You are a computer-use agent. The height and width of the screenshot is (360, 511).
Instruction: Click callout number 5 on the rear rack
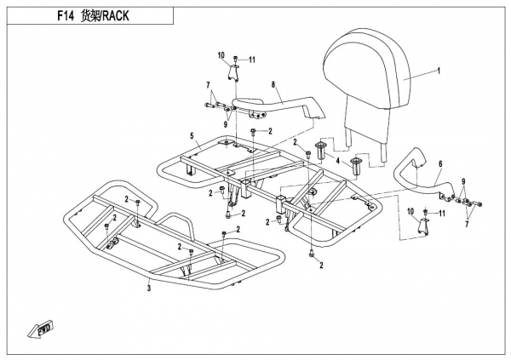192,136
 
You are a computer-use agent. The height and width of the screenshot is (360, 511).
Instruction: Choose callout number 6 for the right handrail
440,164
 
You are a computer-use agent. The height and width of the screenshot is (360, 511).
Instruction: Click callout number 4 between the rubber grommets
338,161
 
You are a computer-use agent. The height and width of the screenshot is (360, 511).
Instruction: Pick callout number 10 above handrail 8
221,56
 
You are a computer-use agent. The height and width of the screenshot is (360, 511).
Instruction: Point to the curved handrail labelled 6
417,174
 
